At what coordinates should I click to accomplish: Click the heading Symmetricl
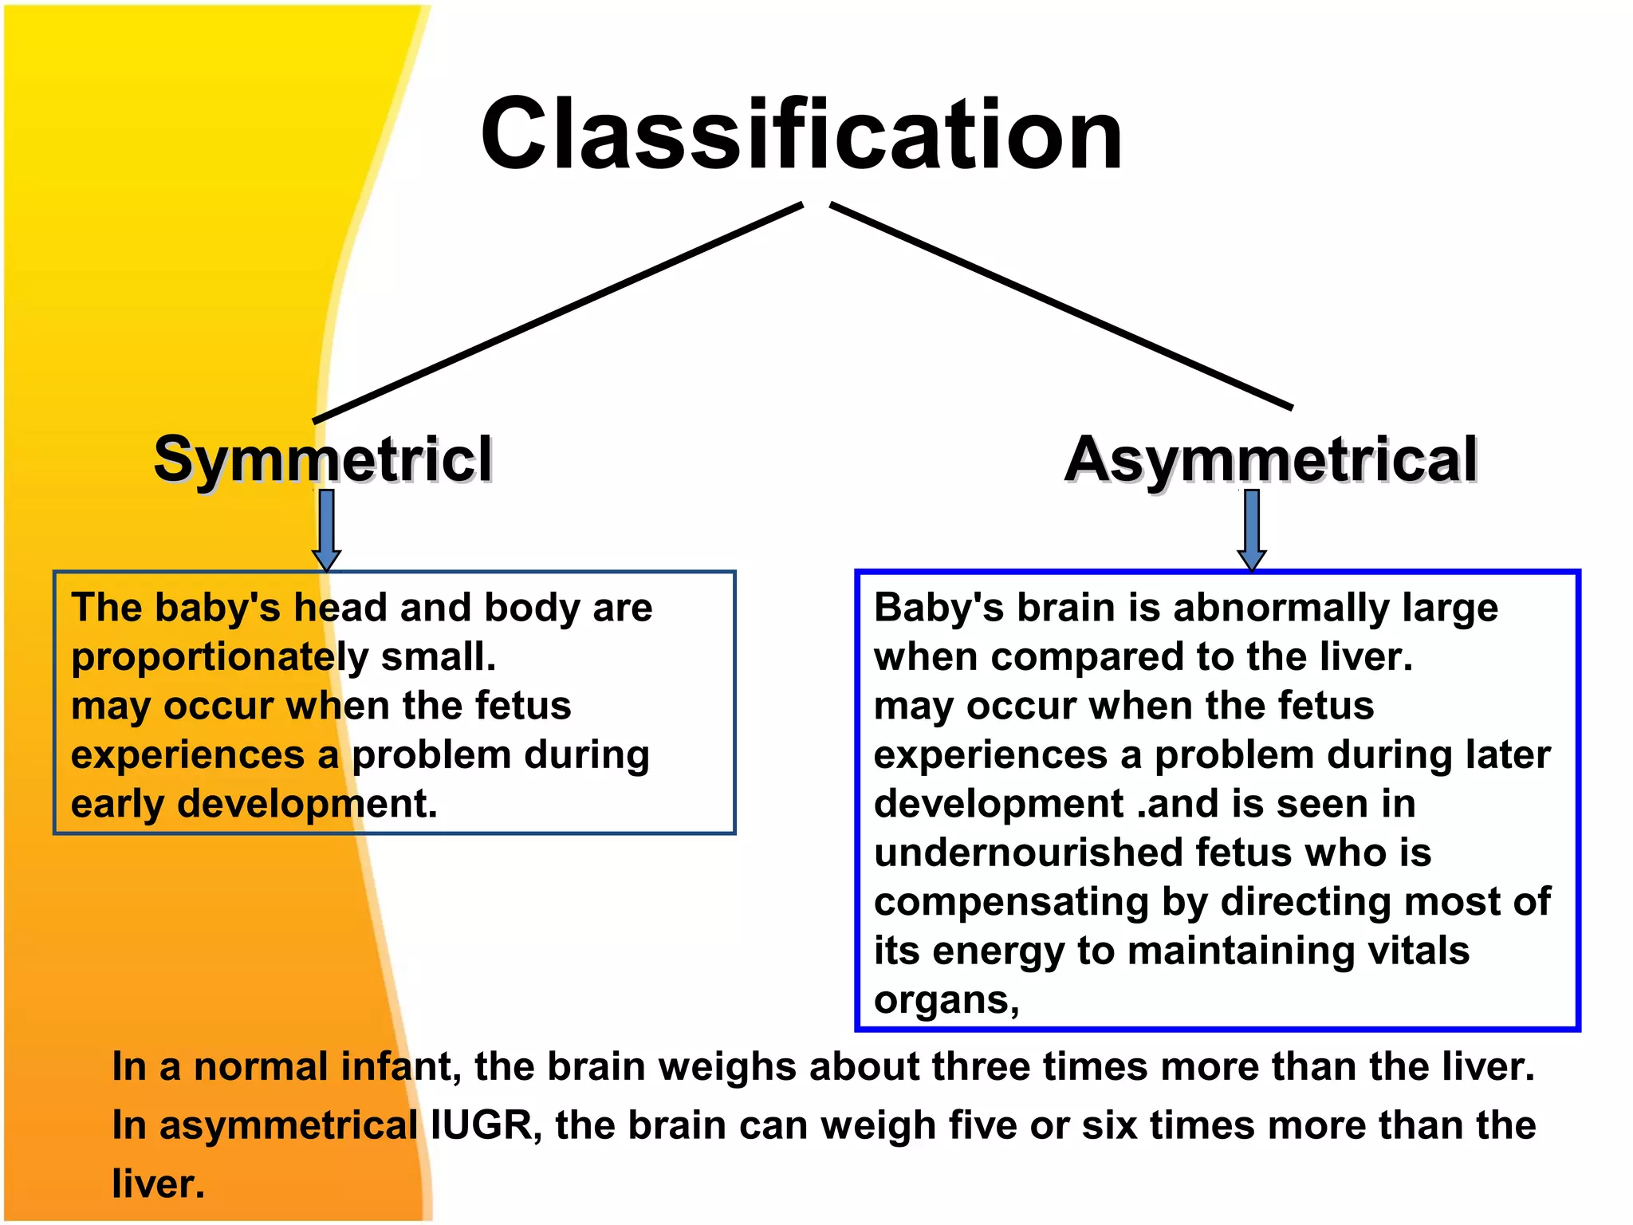click(x=323, y=460)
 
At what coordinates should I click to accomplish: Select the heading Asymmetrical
click(x=1271, y=460)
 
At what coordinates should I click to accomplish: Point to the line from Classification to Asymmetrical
click(x=1060, y=306)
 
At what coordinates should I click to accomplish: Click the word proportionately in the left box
click(x=219, y=658)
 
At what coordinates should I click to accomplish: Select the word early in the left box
click(x=117, y=805)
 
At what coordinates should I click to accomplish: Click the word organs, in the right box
click(x=946, y=1000)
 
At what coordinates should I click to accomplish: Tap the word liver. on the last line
click(x=158, y=1184)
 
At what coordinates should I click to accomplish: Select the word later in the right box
click(x=1509, y=755)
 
